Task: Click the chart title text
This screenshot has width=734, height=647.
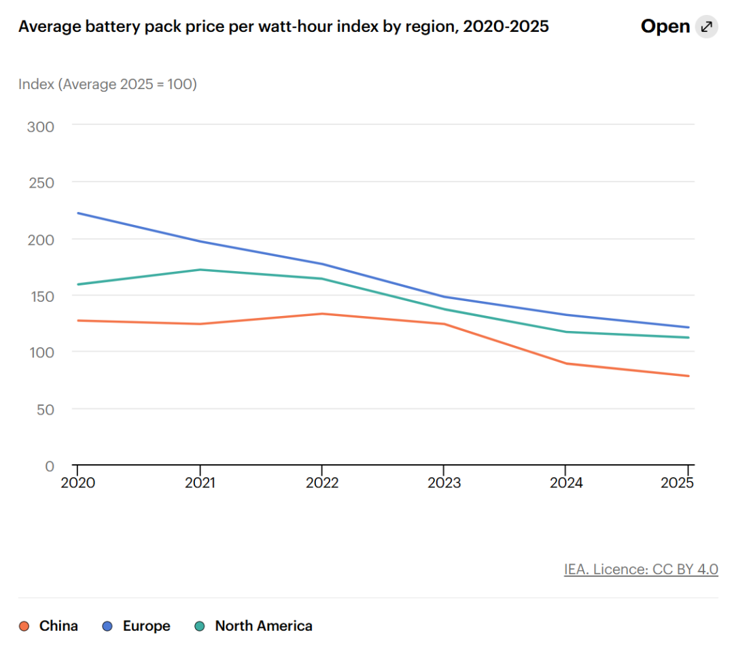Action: coord(283,27)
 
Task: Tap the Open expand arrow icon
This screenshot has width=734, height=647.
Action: coord(706,27)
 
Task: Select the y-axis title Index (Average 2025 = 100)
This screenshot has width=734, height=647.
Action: coord(107,84)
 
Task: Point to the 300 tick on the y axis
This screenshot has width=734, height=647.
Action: coord(41,127)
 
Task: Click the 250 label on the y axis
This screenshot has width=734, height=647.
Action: coord(41,183)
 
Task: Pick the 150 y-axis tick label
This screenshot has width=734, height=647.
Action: coord(42,297)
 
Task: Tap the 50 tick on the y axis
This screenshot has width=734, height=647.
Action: coord(46,410)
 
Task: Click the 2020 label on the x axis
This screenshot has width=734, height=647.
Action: coord(77,483)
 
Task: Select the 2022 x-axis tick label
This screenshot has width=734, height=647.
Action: coord(322,483)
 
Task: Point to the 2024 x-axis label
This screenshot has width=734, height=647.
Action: coord(566,483)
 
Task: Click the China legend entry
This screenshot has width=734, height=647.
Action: coord(48,626)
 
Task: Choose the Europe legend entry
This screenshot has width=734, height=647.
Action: coord(136,626)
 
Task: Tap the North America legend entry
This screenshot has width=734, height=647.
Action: coord(254,626)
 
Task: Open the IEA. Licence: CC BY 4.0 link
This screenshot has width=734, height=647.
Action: coord(641,570)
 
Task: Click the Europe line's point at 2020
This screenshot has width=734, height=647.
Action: coord(77,213)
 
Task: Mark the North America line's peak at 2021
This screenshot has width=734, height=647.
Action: coord(200,270)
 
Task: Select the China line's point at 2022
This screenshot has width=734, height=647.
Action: coord(322,314)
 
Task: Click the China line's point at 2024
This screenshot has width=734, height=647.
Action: coord(566,364)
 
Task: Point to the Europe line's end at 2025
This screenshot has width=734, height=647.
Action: coord(688,328)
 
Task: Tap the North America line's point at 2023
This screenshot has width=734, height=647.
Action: coord(444,309)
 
